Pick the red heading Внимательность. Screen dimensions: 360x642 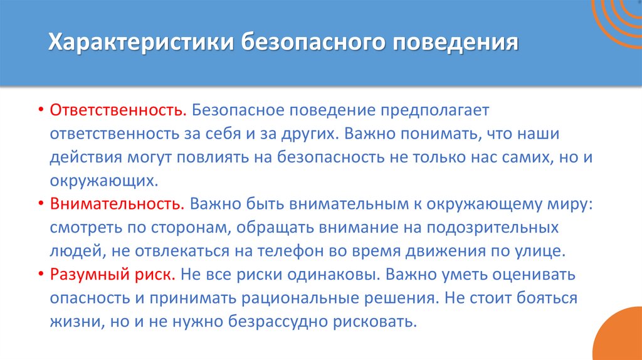(117, 204)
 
